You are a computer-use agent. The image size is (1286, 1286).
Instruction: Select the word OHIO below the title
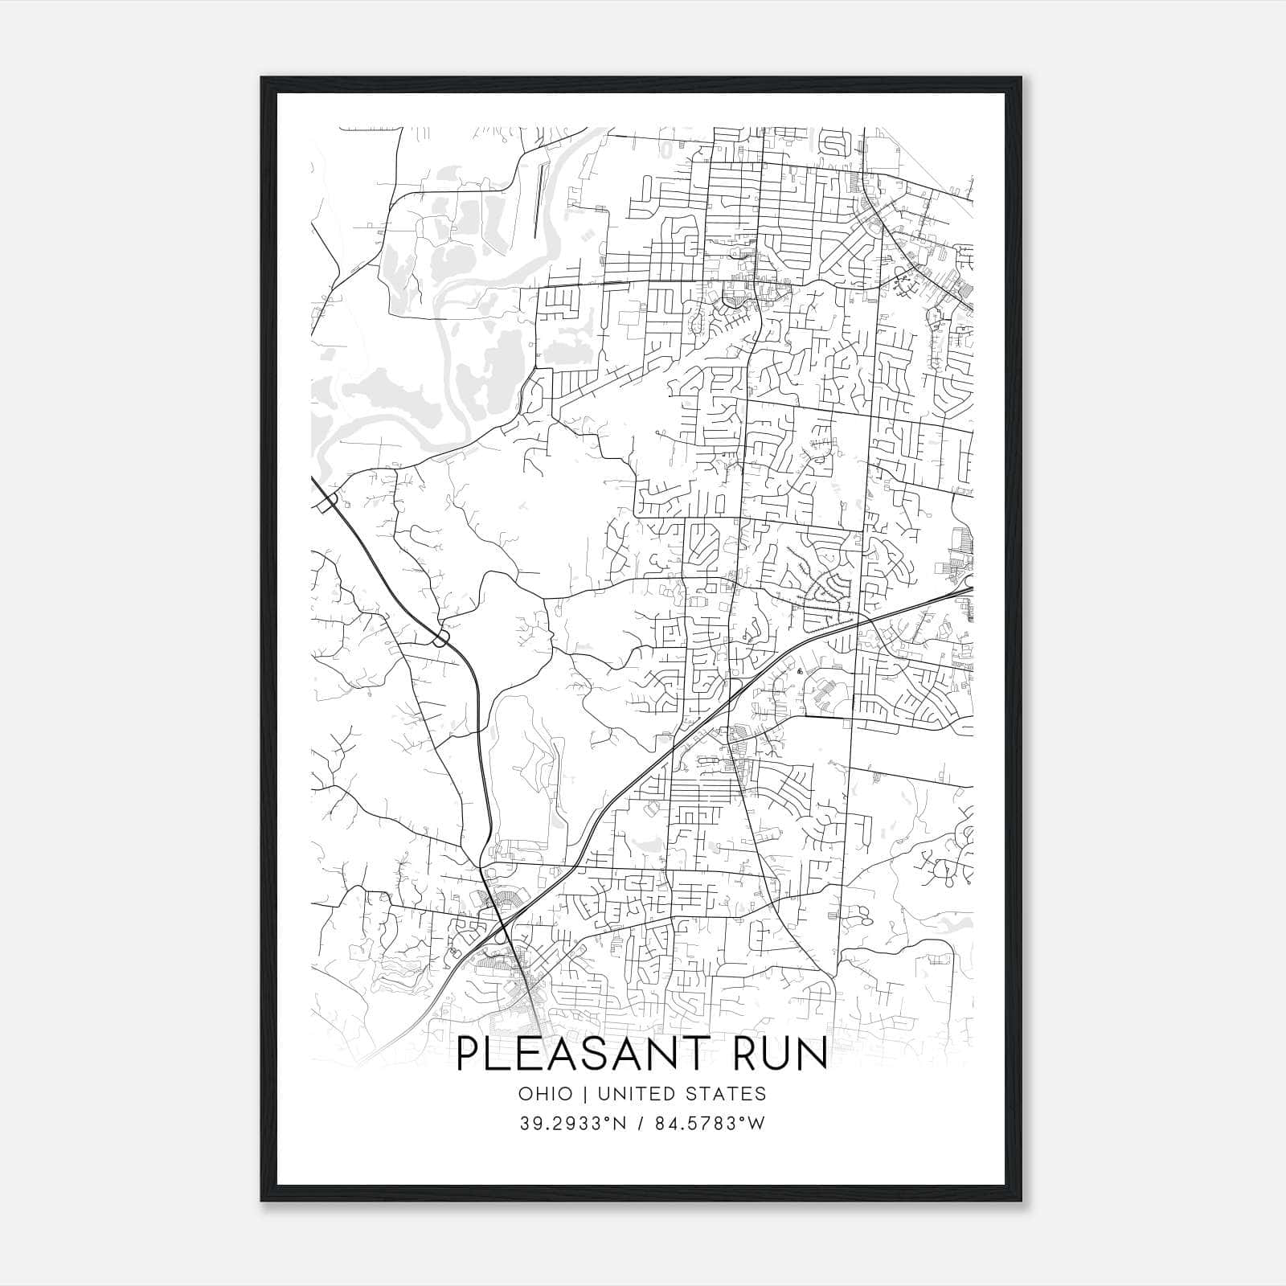[546, 1094]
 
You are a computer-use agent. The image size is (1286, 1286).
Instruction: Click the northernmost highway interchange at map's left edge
[327, 502]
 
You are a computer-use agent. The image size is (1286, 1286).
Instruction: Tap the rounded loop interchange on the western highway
[440, 639]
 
